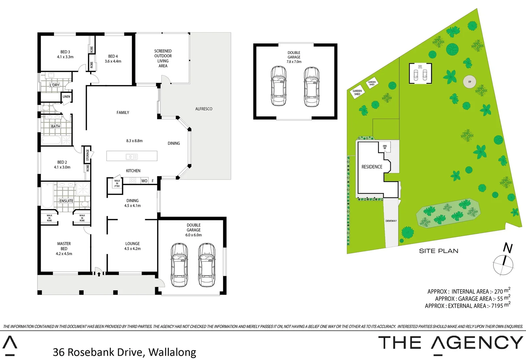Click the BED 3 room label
tap(65, 52)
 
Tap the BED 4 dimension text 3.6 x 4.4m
tap(113, 61)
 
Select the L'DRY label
tap(54, 85)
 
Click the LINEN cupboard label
tap(66, 97)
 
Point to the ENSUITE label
tap(66, 201)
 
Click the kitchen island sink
tap(132, 156)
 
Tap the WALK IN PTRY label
tap(117, 184)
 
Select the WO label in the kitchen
tap(144, 181)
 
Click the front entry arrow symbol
tap(99, 274)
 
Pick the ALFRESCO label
tap(203, 109)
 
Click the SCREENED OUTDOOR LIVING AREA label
tap(163, 59)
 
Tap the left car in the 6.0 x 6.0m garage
tap(179, 265)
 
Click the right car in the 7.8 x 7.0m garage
tap(312, 87)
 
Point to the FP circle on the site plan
tap(470, 82)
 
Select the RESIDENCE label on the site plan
tap(372, 167)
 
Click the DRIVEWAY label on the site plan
tap(391, 221)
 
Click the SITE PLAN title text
tap(438, 251)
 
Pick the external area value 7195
tap(497, 306)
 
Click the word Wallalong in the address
tap(172, 352)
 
